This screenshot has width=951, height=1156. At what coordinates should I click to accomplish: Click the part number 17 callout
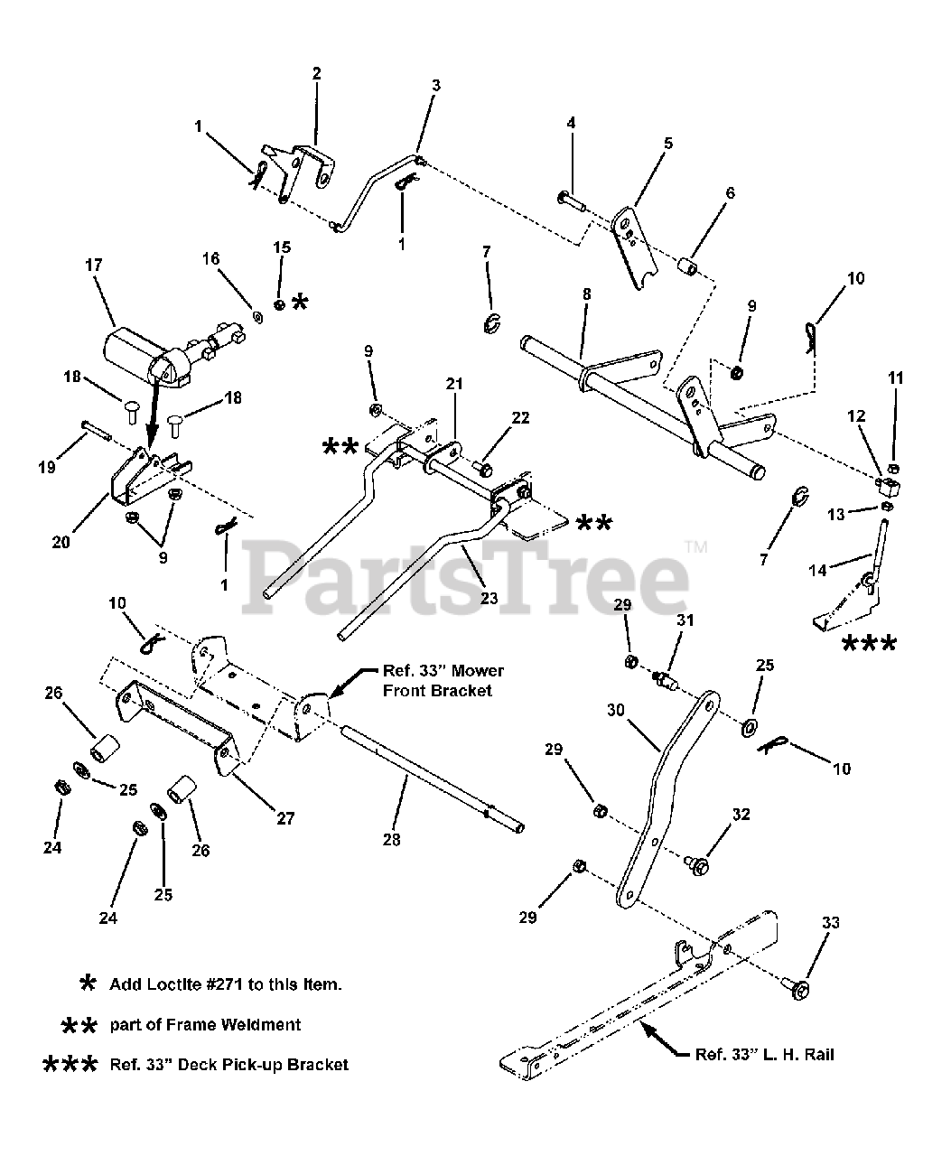(94, 266)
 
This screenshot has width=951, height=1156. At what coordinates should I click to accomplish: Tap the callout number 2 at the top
(316, 74)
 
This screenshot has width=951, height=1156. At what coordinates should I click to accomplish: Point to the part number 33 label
(830, 923)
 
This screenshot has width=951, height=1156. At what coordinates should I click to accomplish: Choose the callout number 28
(391, 839)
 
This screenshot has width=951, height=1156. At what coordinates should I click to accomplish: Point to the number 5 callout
(668, 143)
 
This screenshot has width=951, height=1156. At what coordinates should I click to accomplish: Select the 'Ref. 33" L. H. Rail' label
(764, 1055)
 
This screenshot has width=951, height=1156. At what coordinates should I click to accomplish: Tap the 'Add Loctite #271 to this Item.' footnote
(225, 984)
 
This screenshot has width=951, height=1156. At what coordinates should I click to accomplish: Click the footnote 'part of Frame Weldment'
(205, 1024)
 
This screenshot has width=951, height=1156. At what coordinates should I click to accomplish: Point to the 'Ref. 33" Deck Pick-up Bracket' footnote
(228, 1065)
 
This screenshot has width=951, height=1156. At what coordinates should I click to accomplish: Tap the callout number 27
(285, 819)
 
